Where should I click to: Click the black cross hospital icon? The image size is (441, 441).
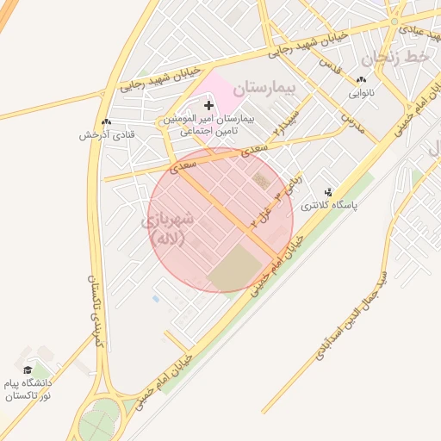208,105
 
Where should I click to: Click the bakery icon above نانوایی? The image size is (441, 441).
360,78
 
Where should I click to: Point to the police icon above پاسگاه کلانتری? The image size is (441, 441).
327,192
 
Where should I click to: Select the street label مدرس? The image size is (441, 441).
352,120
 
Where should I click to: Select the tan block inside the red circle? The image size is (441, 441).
238,267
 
